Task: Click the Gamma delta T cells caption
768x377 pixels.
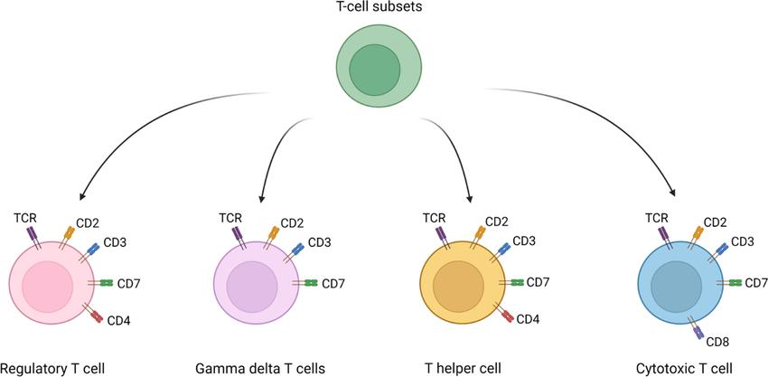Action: (x=260, y=368)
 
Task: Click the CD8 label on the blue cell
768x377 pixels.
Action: (x=717, y=342)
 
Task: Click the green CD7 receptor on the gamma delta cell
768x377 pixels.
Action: (x=312, y=284)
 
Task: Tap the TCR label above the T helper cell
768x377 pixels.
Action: (x=435, y=217)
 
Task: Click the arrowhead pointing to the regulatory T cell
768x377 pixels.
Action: (x=83, y=194)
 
